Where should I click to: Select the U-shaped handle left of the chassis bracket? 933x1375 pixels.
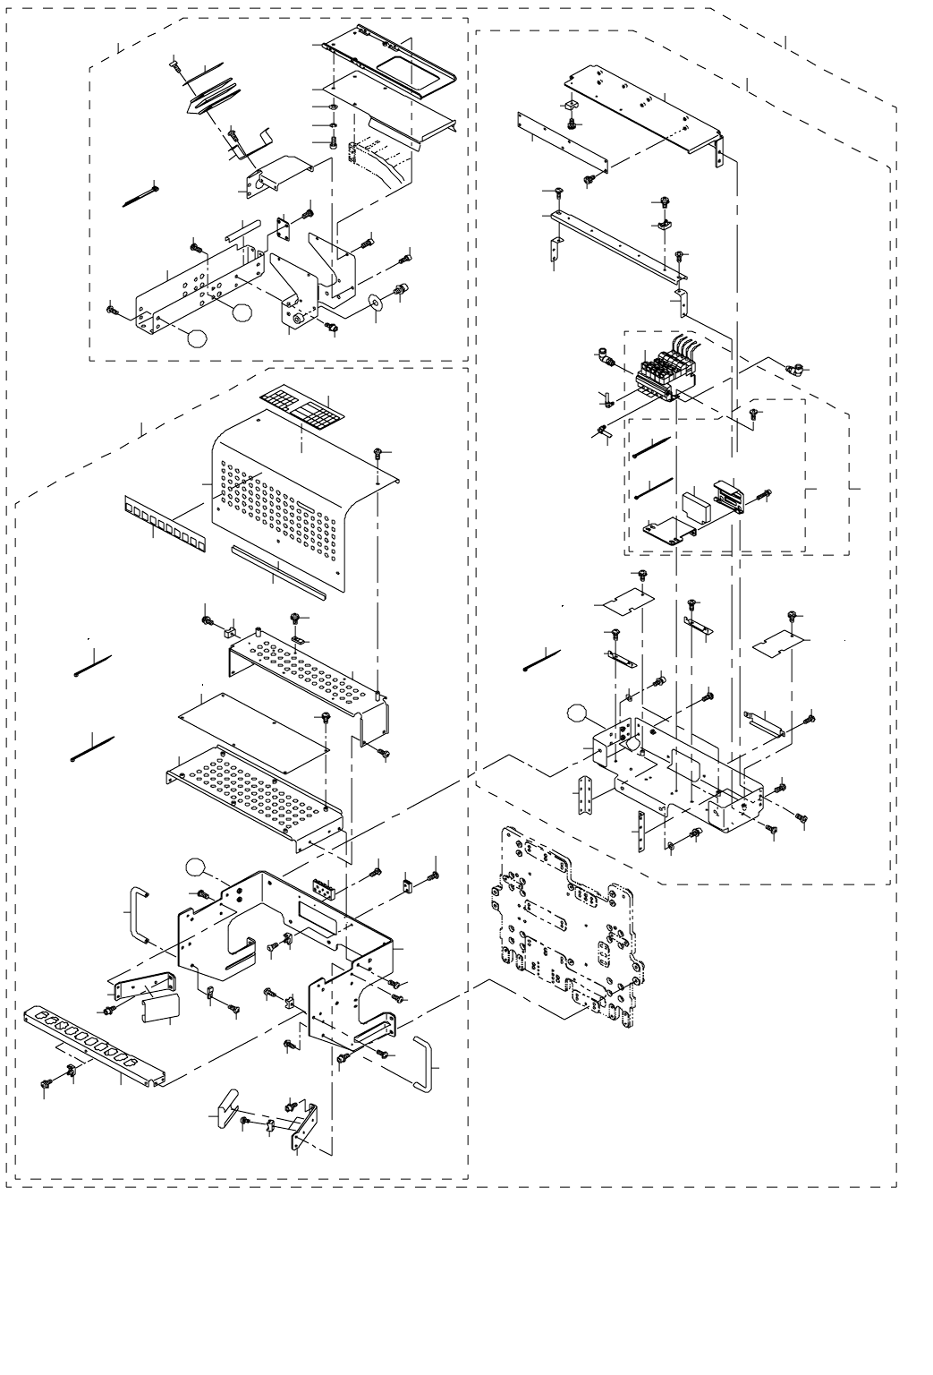(x=140, y=912)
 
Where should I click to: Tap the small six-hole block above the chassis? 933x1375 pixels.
(x=323, y=889)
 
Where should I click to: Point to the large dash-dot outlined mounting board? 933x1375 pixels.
(x=564, y=922)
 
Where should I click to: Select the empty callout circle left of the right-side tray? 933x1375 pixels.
(x=580, y=713)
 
